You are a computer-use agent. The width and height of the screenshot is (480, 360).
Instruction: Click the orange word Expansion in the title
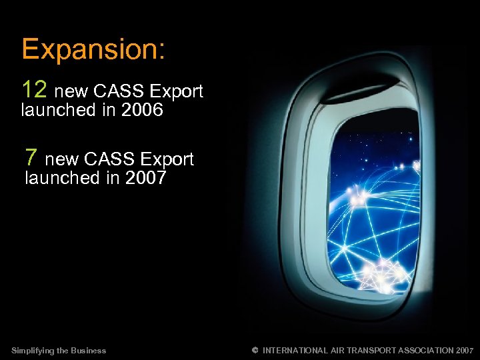pos(93,51)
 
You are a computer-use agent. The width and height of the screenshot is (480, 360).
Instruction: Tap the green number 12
pos(35,89)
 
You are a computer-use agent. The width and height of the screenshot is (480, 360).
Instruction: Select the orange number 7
pos(31,157)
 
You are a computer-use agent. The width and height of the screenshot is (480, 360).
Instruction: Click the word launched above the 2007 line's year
pos(58,179)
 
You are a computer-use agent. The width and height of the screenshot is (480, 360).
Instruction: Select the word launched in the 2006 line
pos(55,111)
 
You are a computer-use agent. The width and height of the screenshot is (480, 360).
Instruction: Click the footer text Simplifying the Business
pos(59,351)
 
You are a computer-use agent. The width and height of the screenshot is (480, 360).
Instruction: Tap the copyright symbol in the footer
pos(255,350)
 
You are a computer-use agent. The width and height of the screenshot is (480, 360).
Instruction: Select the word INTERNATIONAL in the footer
pos(295,351)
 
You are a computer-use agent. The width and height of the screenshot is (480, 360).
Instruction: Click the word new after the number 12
pos(73,91)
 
